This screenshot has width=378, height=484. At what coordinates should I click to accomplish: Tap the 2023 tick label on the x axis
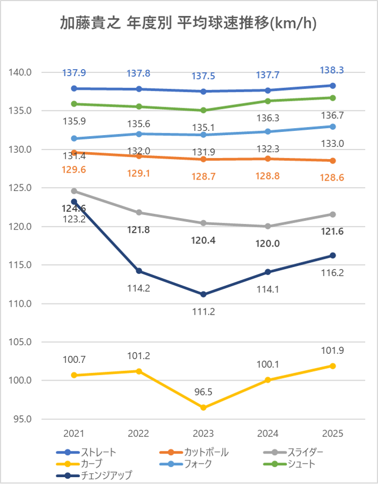(x=204, y=434)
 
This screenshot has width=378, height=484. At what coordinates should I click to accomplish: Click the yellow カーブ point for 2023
(x=204, y=408)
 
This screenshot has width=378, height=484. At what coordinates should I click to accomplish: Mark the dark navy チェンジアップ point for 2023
(x=204, y=294)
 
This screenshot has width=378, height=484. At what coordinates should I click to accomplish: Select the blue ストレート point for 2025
(x=333, y=86)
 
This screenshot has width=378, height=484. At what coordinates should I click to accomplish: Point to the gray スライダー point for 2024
(x=268, y=226)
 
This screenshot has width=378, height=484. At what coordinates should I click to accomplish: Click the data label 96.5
(x=204, y=392)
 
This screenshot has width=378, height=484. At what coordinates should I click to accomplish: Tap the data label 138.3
(x=333, y=70)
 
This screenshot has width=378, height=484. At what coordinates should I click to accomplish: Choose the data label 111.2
(x=204, y=311)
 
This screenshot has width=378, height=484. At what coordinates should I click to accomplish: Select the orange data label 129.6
(x=74, y=169)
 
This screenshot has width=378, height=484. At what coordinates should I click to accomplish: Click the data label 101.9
(x=333, y=351)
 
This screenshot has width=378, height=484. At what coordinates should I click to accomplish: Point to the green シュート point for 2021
(x=74, y=104)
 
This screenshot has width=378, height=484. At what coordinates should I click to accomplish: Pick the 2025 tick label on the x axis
(x=333, y=434)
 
